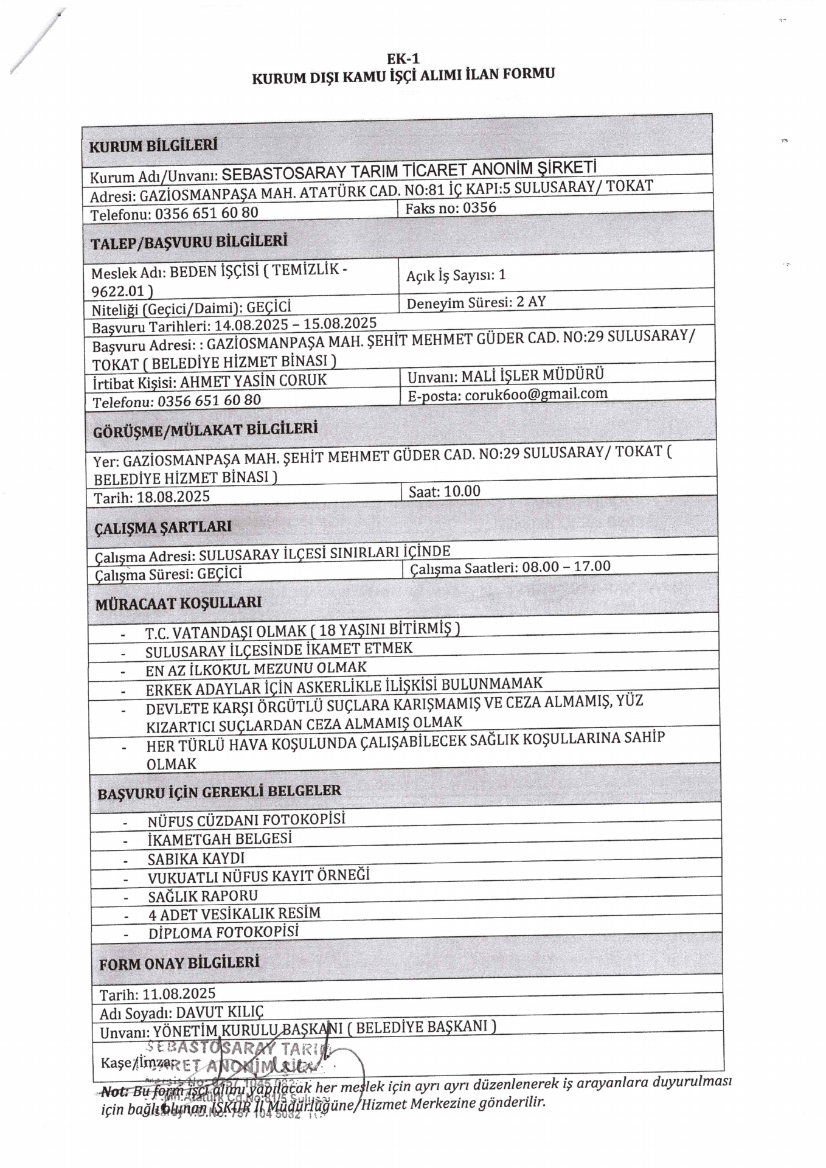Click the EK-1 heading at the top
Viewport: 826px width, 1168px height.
(x=403, y=59)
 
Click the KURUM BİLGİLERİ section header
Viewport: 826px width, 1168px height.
(x=153, y=146)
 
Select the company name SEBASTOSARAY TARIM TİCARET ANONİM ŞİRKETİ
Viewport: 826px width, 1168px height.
(x=409, y=171)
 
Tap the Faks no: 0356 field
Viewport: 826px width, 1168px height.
(x=451, y=208)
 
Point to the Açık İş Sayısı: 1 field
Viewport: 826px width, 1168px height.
(x=456, y=275)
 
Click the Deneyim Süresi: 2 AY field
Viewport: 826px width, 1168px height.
(x=476, y=302)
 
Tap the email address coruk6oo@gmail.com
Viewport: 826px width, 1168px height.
(x=536, y=394)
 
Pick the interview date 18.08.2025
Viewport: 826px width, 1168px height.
(x=173, y=497)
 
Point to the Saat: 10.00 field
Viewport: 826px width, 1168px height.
(x=444, y=491)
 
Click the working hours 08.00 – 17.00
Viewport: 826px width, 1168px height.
(x=566, y=566)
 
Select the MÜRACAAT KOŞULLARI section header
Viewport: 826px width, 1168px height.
(x=178, y=603)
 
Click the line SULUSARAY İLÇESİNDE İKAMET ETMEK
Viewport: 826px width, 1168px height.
(x=279, y=650)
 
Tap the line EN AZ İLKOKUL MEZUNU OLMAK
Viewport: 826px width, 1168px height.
(x=255, y=669)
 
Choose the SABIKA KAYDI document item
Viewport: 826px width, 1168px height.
(x=196, y=858)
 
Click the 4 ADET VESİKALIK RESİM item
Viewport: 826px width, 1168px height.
(x=234, y=913)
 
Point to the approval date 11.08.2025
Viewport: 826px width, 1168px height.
(x=179, y=993)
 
